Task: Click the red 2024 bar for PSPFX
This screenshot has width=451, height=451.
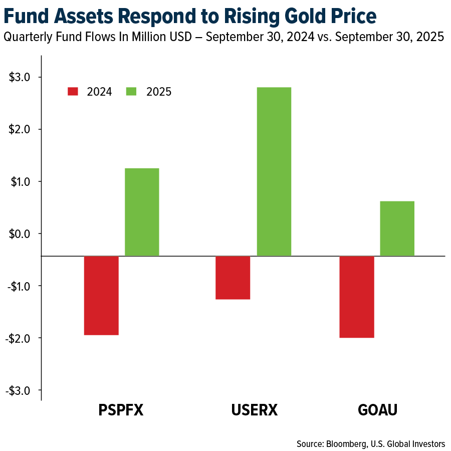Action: [101, 295]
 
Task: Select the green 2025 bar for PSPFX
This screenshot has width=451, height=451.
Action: [142, 212]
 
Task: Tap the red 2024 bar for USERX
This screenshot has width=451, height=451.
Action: [233, 278]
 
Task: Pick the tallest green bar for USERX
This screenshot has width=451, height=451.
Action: [274, 171]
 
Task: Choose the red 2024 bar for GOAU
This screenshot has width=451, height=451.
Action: [356, 297]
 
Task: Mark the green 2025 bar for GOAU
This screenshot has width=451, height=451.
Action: [397, 229]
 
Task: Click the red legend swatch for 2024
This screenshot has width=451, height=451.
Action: [73, 91]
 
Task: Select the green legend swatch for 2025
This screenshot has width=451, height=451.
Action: [131, 91]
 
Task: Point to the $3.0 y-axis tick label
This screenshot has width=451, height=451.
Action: [20, 77]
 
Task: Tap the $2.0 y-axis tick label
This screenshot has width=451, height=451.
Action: [20, 129]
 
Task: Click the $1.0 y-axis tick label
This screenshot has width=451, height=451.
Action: [20, 181]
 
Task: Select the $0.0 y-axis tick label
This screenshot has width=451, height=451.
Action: [20, 234]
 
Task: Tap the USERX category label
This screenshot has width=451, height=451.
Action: [254, 410]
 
